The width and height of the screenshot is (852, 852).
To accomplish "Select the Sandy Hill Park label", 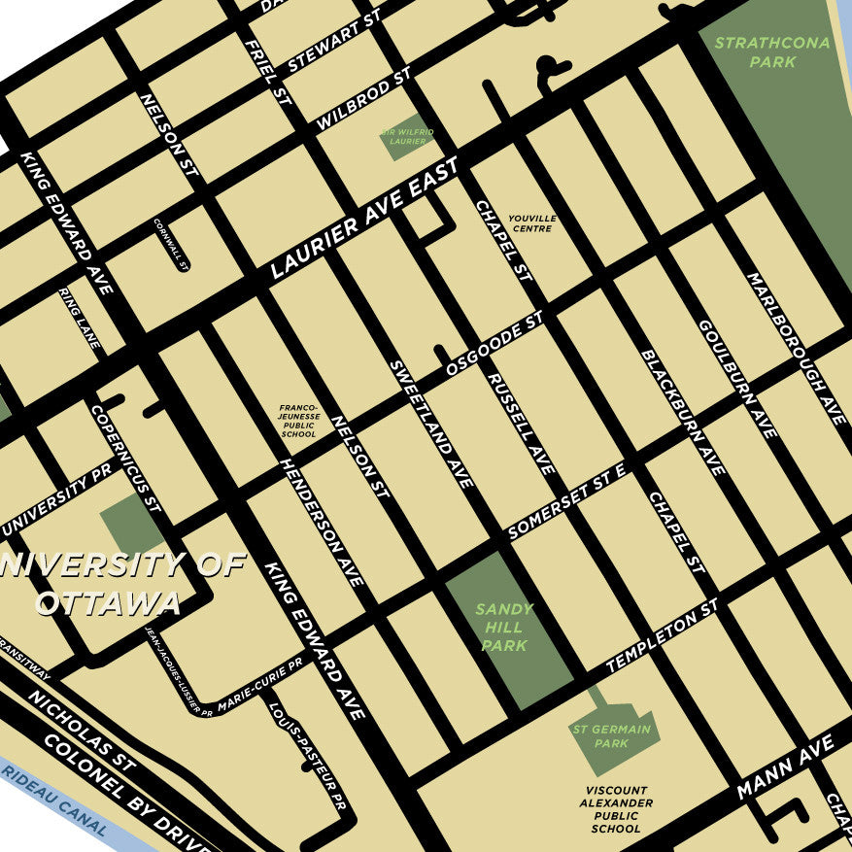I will (504, 628).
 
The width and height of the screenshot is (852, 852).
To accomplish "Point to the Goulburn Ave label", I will (737, 378).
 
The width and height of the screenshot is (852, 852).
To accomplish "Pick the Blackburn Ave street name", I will (683, 412).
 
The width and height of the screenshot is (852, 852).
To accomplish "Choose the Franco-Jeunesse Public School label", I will (298, 422).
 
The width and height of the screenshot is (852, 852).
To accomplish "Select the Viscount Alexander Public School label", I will (615, 810).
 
